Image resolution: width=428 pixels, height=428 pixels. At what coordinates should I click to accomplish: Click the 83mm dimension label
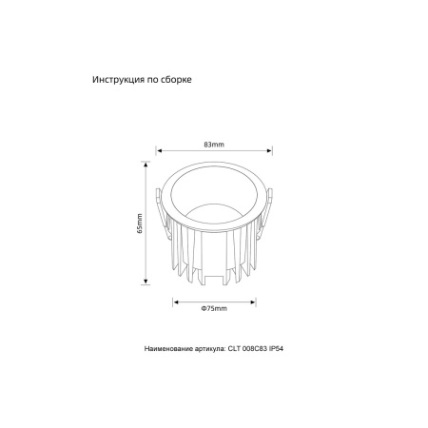214,143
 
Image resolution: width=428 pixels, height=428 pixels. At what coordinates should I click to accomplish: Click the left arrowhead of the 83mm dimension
159,150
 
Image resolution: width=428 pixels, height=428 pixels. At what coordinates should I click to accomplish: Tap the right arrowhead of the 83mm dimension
270,150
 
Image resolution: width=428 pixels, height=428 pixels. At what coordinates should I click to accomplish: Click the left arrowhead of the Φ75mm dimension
176,302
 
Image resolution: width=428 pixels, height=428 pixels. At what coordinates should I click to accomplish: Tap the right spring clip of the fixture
271,205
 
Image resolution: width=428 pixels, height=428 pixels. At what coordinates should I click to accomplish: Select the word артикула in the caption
202,350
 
